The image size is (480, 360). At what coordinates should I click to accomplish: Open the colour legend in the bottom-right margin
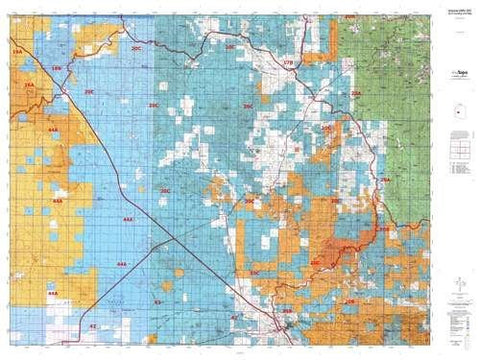455,320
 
